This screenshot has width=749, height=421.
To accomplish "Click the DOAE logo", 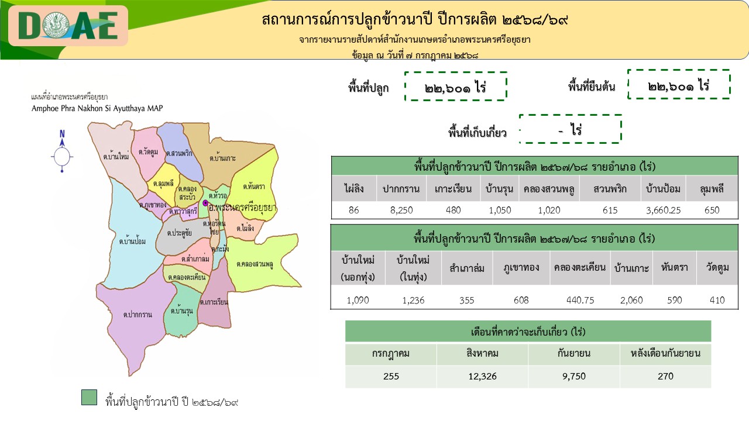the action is point(68,26).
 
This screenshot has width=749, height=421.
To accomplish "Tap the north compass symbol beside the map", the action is point(62,151).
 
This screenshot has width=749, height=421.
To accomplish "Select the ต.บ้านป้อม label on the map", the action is point(132,241).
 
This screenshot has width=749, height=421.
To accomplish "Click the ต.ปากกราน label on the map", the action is point(138,315).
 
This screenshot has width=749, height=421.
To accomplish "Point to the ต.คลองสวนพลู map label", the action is point(255,264).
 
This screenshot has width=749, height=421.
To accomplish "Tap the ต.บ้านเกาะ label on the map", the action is point(223,158).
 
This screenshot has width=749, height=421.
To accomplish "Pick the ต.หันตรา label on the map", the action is point(254,187).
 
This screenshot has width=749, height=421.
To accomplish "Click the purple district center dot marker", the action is point(205,203).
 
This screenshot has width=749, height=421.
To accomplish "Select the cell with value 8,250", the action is point(401,210).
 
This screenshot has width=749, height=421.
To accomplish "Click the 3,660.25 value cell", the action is point(664,210).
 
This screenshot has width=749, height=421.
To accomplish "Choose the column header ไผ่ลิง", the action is point(354,189).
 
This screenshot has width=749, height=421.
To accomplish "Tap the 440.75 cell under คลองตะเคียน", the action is point(580,300).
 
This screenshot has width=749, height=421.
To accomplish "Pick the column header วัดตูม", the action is point(717,268).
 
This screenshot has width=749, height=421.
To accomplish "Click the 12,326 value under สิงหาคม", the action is point(482,377).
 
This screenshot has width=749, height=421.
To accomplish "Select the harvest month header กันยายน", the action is point(574,354).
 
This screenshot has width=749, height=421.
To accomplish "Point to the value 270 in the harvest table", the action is point(665,377).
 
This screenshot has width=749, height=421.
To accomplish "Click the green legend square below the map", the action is point(90,397).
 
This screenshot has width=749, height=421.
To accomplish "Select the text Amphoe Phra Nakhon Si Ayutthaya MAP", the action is point(97,109).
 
